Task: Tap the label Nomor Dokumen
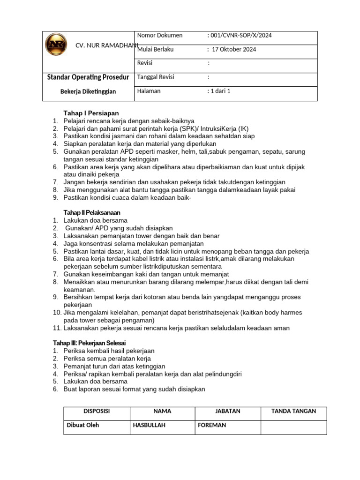pyautogui.click(x=160, y=36)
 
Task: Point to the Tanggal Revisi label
pyautogui.click(x=155, y=77)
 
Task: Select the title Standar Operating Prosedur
pyautogui.click(x=89, y=77)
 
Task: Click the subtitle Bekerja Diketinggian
pyautogui.click(x=88, y=91)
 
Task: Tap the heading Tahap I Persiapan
pyautogui.click(x=91, y=113)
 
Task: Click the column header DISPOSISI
pyautogui.click(x=97, y=411)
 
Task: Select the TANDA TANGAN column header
pyautogui.click(x=293, y=411)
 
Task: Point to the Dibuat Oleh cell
pyautogui.click(x=83, y=425)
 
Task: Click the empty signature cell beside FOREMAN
pyautogui.click(x=293, y=427)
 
